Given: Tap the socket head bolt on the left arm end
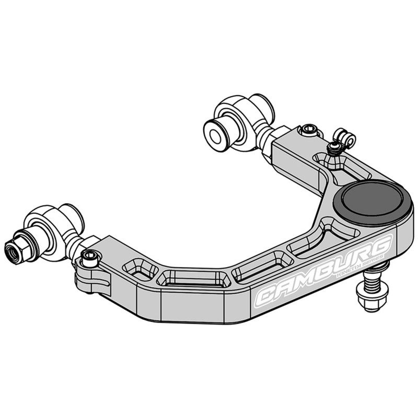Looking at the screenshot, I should (90, 257).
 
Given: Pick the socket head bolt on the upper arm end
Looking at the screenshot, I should (309, 130).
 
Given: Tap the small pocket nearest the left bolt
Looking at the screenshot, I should (140, 270).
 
